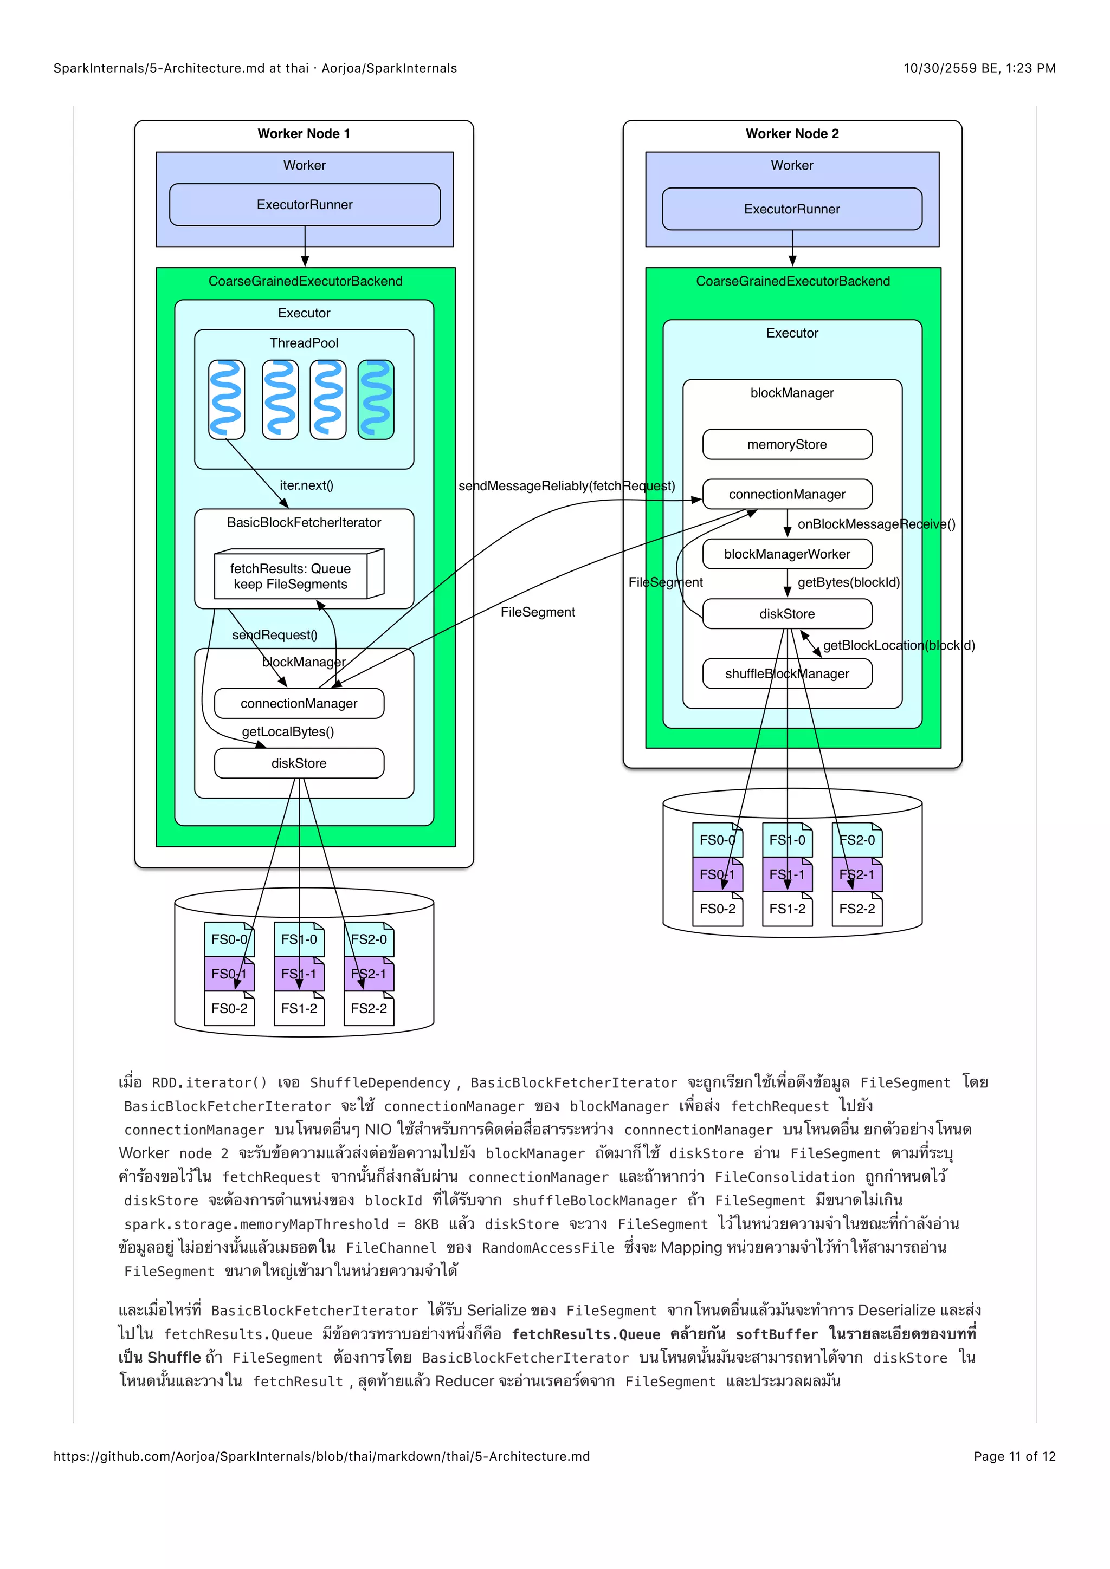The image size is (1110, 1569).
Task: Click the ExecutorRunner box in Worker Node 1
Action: pos(304,204)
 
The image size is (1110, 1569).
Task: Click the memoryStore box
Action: pos(787,444)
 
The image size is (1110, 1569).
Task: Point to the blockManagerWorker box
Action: pos(787,554)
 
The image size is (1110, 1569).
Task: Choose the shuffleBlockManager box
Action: pos(787,674)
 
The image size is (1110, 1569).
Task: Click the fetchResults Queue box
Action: pos(291,576)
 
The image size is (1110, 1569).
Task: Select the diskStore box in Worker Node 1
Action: pos(299,763)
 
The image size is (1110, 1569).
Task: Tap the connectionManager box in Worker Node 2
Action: pos(787,494)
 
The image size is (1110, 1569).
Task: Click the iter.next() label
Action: pos(306,485)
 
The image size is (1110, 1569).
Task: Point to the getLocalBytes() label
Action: pos(288,732)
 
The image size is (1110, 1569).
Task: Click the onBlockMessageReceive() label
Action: pos(876,524)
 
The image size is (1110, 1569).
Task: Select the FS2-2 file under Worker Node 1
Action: pos(369,1009)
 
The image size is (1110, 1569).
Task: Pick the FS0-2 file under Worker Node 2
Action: pos(717,909)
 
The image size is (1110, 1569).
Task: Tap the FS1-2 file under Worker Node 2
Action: pos(787,909)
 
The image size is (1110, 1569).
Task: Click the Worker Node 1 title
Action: pos(304,134)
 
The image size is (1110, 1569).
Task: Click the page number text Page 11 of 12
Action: pos(1014,1456)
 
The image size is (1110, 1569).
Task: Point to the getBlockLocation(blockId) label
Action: pos(898,645)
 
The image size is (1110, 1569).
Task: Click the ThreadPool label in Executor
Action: pos(304,343)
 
